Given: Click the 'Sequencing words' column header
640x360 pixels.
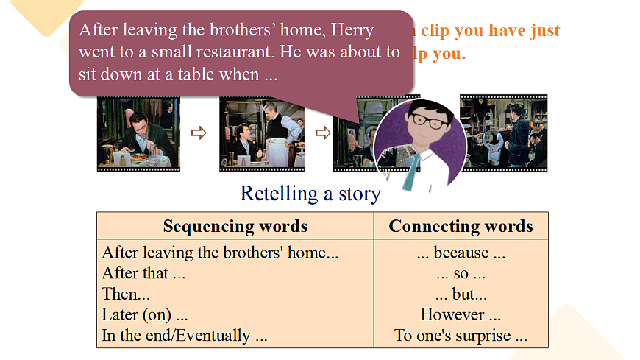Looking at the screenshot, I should click(235, 226).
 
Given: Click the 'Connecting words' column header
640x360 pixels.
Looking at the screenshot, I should click(461, 226).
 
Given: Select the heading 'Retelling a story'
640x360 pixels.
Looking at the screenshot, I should click(310, 194).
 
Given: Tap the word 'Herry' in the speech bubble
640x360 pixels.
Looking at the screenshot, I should click(352, 30).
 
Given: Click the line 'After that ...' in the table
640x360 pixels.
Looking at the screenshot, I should click(144, 273).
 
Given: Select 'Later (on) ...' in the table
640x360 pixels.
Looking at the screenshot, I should click(145, 314).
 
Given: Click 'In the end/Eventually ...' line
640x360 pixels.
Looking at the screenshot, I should click(184, 336).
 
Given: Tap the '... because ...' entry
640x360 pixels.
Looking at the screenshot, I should click(461, 253).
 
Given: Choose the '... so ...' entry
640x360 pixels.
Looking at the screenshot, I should click(461, 273).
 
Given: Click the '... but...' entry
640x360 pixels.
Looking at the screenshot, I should click(461, 294).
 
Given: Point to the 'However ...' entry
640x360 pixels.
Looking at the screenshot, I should click(461, 314).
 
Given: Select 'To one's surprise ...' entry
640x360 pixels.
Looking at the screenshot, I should click(461, 336).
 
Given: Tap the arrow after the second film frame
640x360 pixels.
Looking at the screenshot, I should click(322, 133).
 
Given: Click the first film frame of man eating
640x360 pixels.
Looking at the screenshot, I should click(138, 133).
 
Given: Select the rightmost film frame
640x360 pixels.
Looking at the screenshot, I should click(504, 132).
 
